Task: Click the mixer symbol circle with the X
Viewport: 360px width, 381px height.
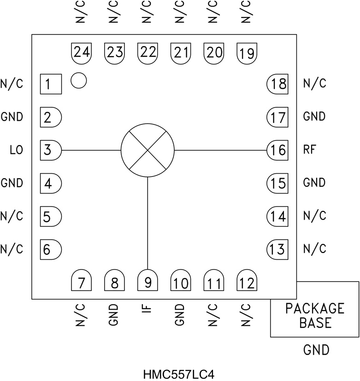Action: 148,150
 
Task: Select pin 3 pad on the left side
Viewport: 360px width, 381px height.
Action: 50,150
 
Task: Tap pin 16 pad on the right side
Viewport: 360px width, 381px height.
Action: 278,150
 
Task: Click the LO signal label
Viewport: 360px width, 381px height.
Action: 16,150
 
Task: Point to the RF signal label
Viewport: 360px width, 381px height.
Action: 310,150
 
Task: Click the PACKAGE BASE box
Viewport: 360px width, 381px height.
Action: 315,315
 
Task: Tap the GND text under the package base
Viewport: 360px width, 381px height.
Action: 316,351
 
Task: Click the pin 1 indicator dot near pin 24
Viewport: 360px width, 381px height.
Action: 79,81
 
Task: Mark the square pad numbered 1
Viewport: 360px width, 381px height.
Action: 50,84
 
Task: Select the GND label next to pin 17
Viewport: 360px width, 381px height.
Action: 314,117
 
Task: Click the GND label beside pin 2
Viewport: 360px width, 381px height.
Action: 12,117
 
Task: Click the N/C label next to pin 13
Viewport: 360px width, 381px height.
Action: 315,249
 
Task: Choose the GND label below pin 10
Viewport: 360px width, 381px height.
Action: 180,315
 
